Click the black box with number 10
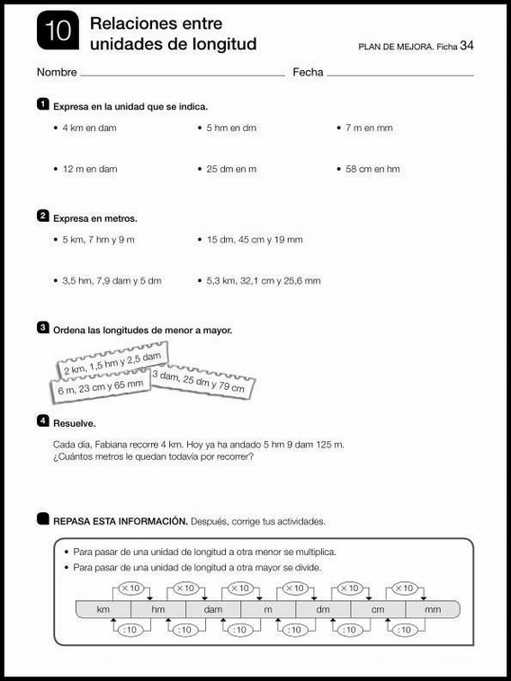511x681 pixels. click(x=56, y=33)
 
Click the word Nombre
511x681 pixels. click(x=57, y=72)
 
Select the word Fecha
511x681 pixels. click(x=308, y=72)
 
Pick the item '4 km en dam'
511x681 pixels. click(x=89, y=128)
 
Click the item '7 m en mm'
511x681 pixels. click(x=369, y=128)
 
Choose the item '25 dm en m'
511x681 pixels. click(x=231, y=169)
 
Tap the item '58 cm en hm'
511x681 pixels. click(x=372, y=169)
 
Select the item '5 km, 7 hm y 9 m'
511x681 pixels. click(x=98, y=240)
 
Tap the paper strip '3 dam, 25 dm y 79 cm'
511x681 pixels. click(x=200, y=382)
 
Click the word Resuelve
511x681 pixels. click(x=74, y=422)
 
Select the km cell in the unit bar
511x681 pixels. click(x=103, y=610)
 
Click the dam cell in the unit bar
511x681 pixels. click(x=212, y=610)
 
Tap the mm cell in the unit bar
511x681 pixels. click(x=432, y=610)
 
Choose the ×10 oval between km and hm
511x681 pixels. click(x=130, y=588)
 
